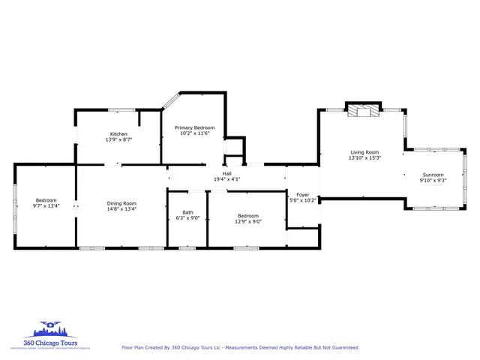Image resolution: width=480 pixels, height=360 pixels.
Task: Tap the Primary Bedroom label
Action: tap(195, 127)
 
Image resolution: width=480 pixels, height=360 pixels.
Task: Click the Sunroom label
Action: tap(433, 174)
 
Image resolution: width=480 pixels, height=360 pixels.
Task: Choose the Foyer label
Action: tap(303, 194)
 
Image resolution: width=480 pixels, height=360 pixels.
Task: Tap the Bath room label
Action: tap(187, 212)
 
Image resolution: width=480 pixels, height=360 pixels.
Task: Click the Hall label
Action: tap(226, 173)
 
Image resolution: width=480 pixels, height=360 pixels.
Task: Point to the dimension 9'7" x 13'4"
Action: tap(46, 205)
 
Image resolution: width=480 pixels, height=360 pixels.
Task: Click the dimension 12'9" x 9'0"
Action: tap(247, 220)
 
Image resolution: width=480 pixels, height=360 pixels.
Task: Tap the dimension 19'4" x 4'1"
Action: tap(226, 178)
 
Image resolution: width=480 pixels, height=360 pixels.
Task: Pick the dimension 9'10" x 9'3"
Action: tap(433, 179)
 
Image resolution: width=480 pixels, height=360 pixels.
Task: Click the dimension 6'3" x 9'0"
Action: tap(187, 217)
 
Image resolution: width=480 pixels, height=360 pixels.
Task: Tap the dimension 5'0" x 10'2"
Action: tap(303, 199)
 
